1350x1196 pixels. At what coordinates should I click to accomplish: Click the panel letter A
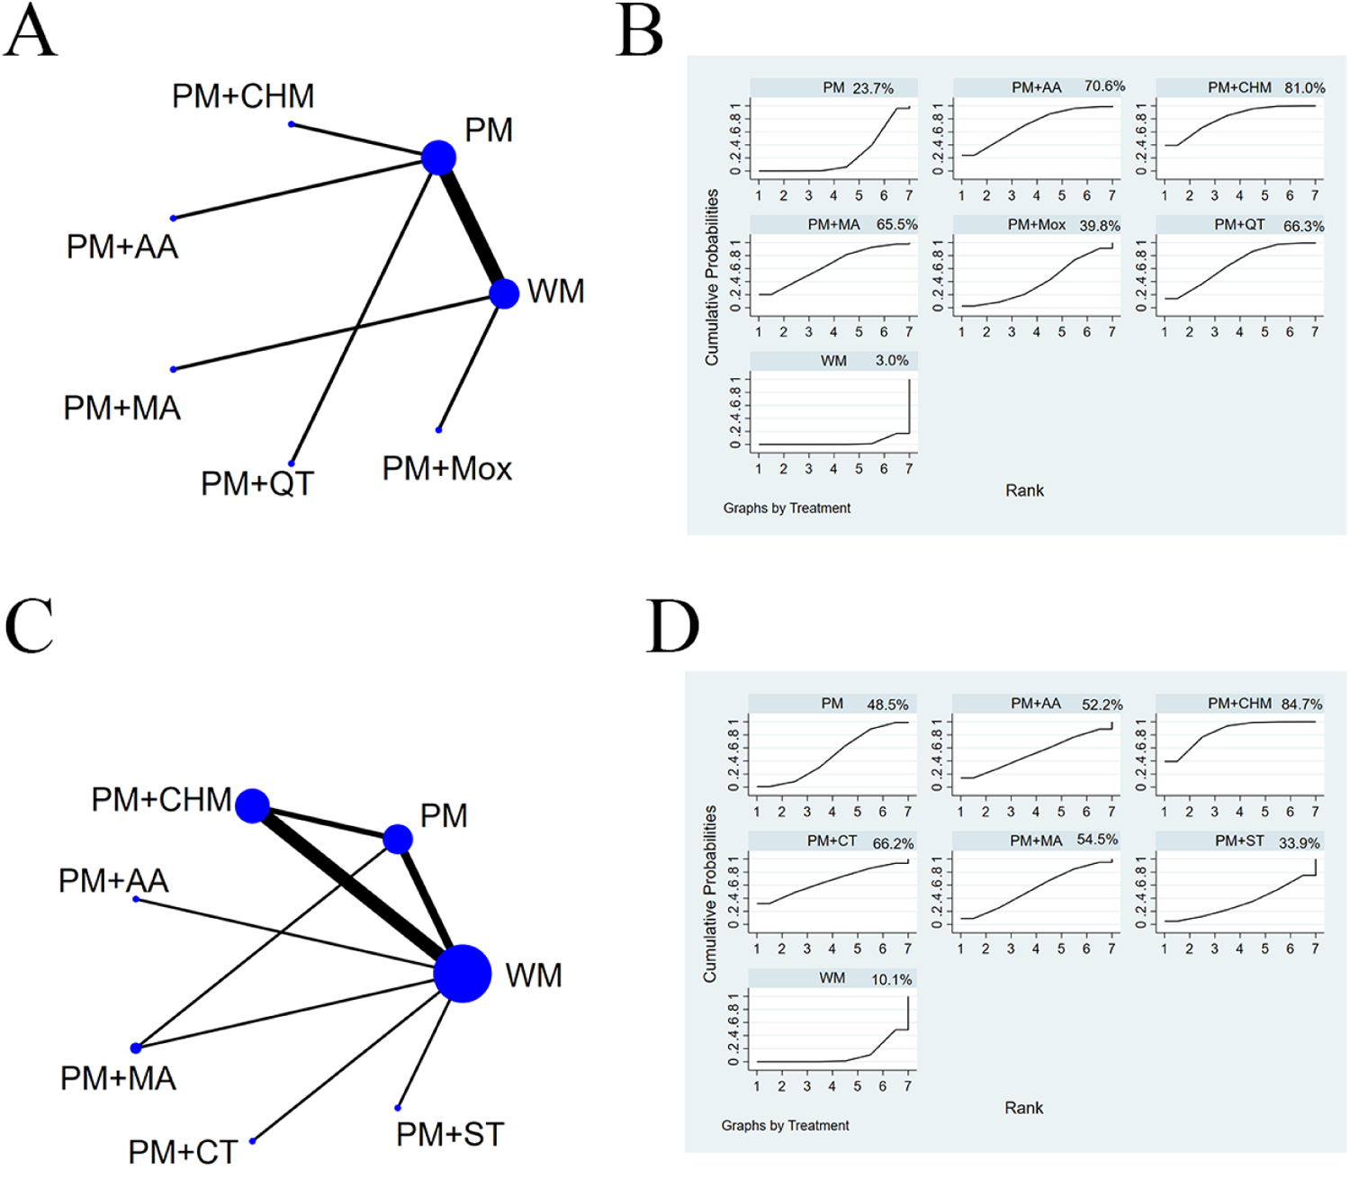point(31,31)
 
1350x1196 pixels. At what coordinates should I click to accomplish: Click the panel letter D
point(672,626)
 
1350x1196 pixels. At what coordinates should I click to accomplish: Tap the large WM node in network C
point(463,973)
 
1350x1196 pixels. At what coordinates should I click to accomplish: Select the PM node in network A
point(439,157)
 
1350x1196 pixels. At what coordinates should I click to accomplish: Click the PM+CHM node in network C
point(253,805)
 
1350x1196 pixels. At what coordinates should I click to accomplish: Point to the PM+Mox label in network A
point(446,469)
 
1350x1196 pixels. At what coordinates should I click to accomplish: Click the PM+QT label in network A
point(256,484)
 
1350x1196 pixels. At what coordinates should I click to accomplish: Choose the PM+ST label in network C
point(450,1135)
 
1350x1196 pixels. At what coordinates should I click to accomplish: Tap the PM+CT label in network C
point(183,1153)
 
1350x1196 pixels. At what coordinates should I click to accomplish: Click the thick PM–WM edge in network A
point(472,225)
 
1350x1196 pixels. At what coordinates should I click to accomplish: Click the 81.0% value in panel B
point(1304,88)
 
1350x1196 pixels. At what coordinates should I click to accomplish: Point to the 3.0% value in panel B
point(892,361)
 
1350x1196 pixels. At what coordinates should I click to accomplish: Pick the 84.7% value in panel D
point(1302,705)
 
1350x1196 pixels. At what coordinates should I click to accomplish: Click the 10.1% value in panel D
point(891,979)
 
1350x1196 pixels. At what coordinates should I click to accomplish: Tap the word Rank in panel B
point(1024,490)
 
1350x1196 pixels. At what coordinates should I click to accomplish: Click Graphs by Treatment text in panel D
point(785,1126)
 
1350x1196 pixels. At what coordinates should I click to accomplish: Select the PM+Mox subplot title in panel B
point(1037,225)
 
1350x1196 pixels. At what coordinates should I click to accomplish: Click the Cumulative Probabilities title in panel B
point(712,277)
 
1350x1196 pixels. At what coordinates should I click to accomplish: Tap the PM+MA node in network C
point(136,1048)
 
